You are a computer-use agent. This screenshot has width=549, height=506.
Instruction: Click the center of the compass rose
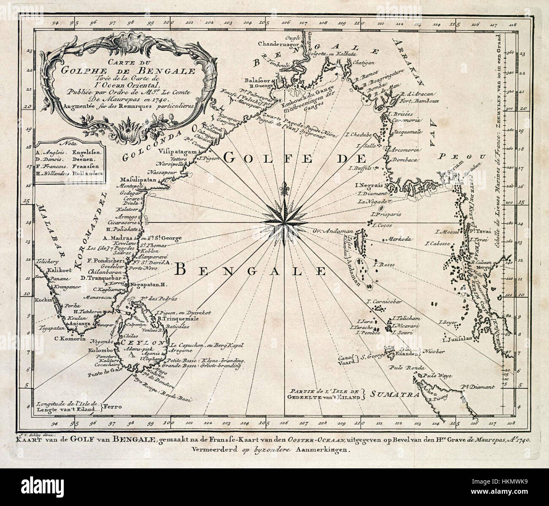click(280, 222)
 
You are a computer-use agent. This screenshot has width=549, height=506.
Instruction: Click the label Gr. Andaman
click(334, 231)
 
